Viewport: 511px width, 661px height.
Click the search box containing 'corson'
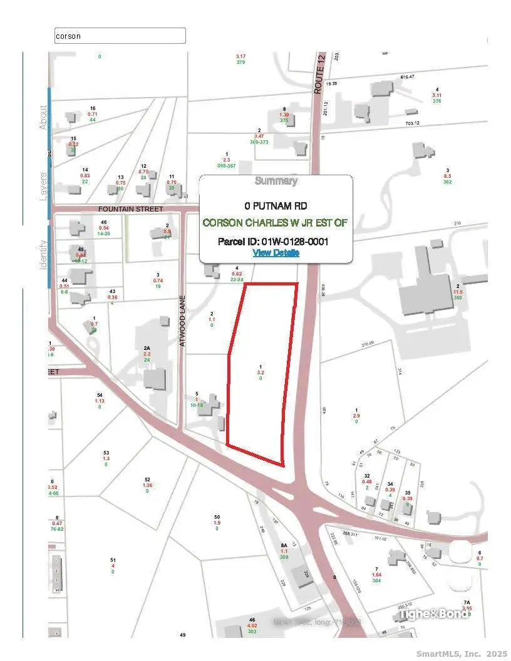[120, 36]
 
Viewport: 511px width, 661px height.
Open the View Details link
[276, 252]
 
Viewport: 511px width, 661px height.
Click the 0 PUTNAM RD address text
[276, 205]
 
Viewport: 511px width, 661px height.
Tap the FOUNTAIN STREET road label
[130, 208]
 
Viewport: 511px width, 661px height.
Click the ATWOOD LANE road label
[183, 329]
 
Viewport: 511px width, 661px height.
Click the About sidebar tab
[43, 117]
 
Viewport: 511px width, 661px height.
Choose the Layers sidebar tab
[43, 185]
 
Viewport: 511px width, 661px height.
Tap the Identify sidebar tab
[43, 255]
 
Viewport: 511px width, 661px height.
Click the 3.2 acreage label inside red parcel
[261, 372]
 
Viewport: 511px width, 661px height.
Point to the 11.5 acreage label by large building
[458, 292]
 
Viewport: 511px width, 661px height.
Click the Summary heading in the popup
[276, 181]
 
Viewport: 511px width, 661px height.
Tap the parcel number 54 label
[99, 394]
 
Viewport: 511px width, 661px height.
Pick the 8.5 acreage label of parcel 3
[447, 176]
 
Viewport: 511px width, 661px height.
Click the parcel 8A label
[283, 545]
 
